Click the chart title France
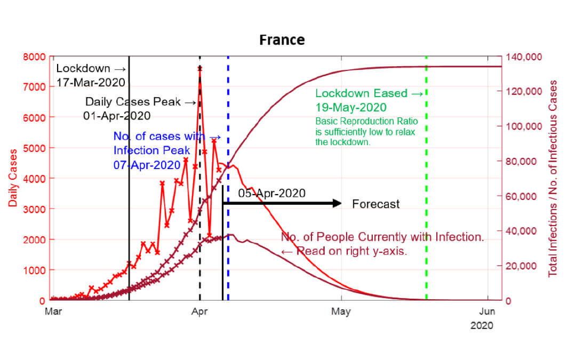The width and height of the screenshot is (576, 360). [282, 40]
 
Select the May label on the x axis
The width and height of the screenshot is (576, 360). [341, 311]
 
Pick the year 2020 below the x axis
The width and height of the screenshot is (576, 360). [482, 325]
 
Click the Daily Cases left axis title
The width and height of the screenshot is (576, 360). [12, 178]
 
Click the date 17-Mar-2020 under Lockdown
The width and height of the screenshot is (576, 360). [91, 83]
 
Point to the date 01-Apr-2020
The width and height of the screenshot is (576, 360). [117, 116]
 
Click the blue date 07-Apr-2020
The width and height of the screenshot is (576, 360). [147, 165]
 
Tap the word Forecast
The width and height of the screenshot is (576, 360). [375, 204]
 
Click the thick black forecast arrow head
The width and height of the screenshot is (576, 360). [337, 203]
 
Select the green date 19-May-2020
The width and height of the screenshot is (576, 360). [350, 106]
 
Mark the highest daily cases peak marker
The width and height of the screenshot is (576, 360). [199, 68]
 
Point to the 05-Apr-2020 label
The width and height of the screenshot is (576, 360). [272, 193]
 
